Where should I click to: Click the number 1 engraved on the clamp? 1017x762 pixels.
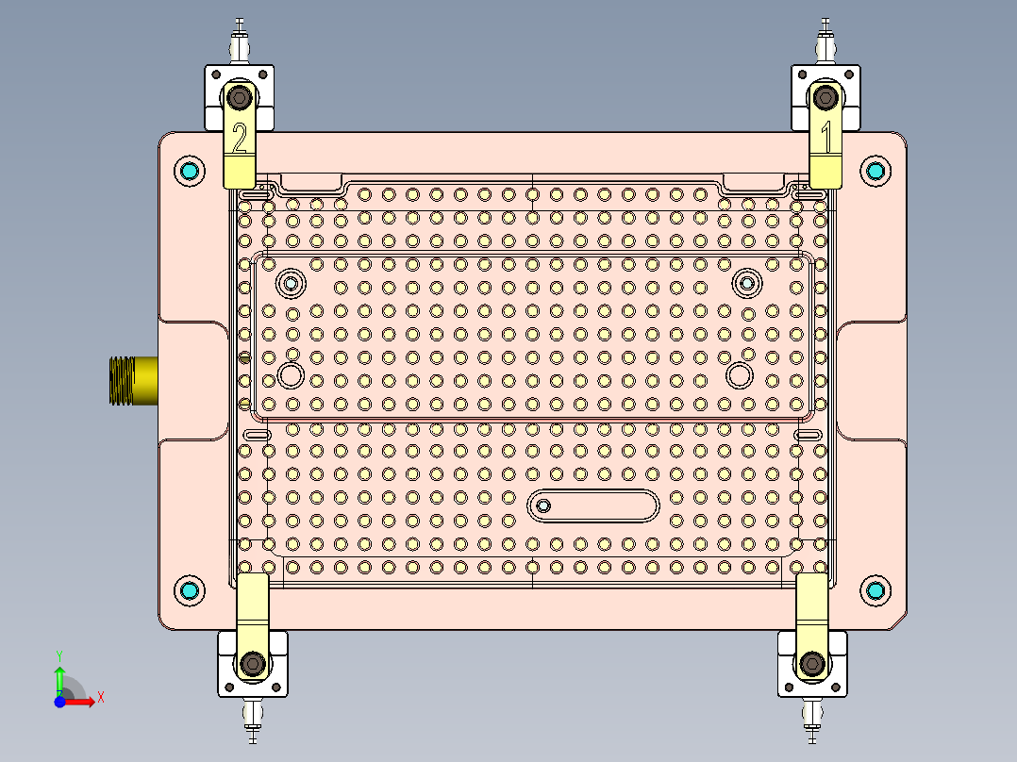coord(826,138)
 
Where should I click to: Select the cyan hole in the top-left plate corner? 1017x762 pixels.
coord(191,171)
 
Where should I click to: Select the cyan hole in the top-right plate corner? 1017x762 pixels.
coord(875,171)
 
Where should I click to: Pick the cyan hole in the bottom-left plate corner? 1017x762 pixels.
coord(191,590)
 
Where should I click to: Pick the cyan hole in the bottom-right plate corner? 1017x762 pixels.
coord(875,590)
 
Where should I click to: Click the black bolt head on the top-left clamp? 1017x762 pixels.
coord(241,97)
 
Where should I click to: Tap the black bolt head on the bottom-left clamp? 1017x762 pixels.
coord(251,665)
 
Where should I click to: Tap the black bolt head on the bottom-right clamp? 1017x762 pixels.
coord(811,664)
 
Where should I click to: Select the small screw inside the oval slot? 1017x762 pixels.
coord(543,505)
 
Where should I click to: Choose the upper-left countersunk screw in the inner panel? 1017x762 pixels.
coord(291,282)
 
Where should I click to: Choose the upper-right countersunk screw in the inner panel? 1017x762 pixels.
coord(747,282)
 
